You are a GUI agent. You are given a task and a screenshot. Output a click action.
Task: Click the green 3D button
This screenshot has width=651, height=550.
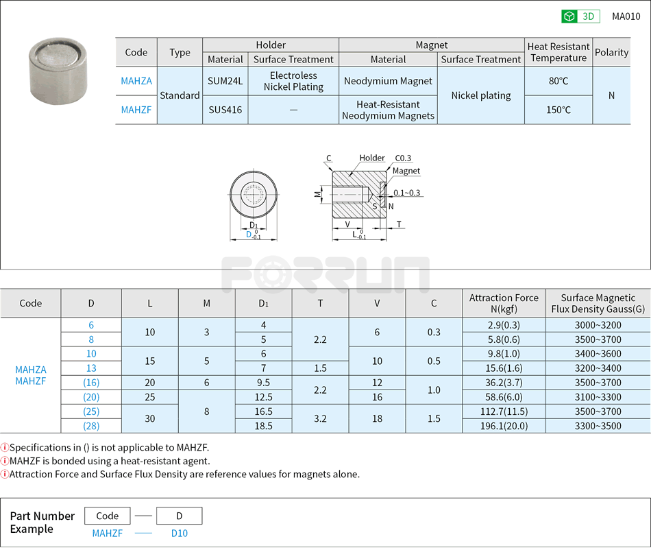(x=580, y=16)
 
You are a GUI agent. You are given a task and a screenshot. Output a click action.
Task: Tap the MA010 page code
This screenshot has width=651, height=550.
(x=626, y=16)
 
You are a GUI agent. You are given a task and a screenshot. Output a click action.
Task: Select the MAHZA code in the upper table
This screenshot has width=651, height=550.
(x=136, y=81)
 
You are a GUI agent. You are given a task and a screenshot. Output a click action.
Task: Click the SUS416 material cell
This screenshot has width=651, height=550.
(x=225, y=110)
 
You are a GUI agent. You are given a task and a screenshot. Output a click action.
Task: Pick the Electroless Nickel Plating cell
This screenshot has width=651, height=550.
(x=293, y=81)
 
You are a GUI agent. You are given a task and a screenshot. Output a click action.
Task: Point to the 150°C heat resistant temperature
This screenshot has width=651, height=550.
(x=558, y=110)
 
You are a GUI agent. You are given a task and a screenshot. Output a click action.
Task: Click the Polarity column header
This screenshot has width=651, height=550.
(x=611, y=52)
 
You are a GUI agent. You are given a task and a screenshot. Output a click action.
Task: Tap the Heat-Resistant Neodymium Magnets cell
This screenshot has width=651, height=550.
(x=388, y=110)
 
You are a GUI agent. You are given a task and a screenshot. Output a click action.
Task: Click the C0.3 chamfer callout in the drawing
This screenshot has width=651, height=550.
(x=403, y=158)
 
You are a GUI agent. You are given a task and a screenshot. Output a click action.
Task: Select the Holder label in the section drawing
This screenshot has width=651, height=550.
(x=372, y=158)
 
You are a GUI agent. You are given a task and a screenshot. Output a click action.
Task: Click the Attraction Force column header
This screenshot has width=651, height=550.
(x=504, y=303)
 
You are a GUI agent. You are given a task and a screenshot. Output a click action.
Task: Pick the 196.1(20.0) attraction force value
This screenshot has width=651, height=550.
(x=504, y=426)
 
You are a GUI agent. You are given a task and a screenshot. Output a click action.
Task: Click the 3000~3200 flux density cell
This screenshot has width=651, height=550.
(x=598, y=325)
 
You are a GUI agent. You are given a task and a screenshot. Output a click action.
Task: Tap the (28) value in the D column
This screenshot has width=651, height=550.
(x=91, y=426)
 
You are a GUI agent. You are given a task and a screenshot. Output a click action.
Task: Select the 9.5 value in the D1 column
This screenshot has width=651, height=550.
(x=263, y=383)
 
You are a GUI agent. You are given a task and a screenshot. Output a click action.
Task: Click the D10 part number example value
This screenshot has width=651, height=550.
(x=179, y=534)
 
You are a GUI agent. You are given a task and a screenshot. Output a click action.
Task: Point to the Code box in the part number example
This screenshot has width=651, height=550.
(x=108, y=516)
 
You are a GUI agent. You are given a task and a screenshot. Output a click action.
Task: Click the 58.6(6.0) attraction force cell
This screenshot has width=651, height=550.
(x=504, y=397)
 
